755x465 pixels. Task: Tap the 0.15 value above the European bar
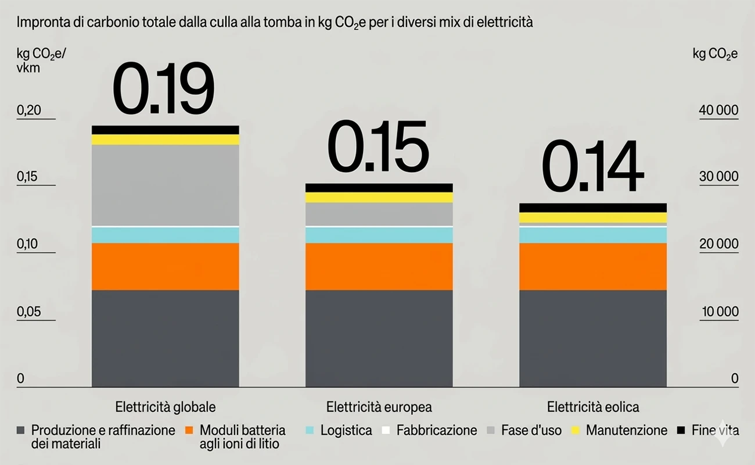[378, 149]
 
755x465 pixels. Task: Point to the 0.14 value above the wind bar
[592, 167]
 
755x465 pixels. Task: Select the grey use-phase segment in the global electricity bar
[166, 185]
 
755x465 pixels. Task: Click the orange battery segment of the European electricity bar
[379, 266]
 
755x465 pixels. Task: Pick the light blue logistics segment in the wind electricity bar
[592, 235]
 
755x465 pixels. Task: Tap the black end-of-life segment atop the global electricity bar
[166, 130]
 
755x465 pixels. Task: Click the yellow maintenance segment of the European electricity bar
[379, 198]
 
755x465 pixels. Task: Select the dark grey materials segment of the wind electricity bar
[592, 338]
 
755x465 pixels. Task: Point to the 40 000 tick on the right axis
[718, 110]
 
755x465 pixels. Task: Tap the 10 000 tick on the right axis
[720, 312]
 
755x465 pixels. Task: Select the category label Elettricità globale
[165, 406]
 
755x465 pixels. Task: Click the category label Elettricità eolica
[592, 406]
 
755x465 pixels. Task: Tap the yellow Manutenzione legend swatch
[576, 431]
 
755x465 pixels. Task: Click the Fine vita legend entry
[715, 431]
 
